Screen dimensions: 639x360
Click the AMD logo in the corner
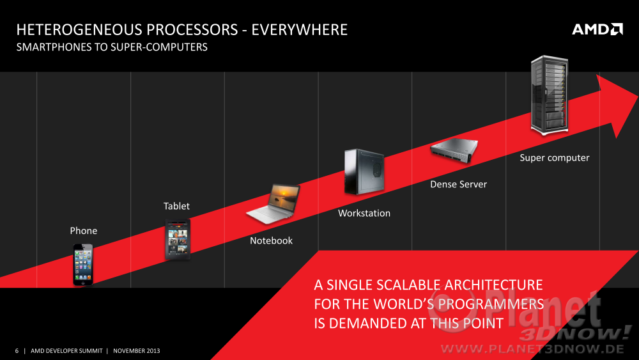[597, 29]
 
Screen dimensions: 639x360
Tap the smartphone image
[83, 264]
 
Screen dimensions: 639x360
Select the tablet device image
[178, 239]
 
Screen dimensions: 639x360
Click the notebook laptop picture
[273, 204]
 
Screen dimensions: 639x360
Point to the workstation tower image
[364, 171]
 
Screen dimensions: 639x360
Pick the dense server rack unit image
[454, 150]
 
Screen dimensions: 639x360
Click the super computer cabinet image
[550, 95]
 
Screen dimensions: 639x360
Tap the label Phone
[84, 231]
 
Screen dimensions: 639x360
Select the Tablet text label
[176, 206]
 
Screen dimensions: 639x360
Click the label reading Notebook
[271, 240]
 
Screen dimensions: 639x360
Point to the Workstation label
[364, 213]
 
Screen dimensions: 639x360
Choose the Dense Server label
[458, 184]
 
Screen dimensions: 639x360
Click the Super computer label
[554, 158]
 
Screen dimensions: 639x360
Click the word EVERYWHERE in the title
[300, 30]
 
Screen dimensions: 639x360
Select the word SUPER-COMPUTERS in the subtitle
[159, 47]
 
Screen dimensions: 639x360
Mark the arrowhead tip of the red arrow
[638, 96]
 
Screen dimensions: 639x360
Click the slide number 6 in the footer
[17, 350]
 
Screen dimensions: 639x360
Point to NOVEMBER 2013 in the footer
[137, 350]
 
